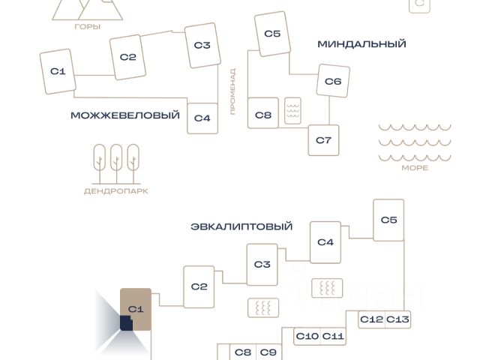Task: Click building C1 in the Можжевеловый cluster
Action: [58, 71]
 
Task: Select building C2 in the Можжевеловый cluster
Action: [127, 57]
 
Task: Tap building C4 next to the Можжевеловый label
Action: [202, 118]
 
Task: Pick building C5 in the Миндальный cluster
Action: [272, 34]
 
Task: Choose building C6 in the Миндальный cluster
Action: [333, 81]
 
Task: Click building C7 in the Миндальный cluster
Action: [323, 140]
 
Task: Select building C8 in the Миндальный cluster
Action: [263, 113]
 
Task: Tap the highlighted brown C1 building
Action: [136, 309]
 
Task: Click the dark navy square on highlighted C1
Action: [126, 323]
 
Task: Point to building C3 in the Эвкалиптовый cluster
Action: [262, 265]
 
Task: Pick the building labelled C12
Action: [371, 319]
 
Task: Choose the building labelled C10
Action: [307, 337]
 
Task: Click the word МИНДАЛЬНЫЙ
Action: [361, 44]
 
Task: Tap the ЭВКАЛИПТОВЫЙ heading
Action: [241, 226]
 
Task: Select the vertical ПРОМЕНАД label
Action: [233, 91]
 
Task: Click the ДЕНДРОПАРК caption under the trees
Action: [116, 191]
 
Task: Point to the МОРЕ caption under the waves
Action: [415, 168]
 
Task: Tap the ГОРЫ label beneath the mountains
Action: [88, 27]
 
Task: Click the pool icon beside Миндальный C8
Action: [292, 111]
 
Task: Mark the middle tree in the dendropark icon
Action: [116, 163]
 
